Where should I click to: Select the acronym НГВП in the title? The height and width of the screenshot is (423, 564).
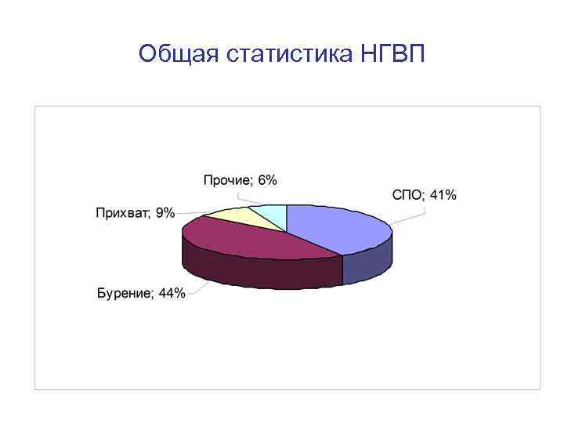[x=393, y=54]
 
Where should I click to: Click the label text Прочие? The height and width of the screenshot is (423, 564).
[x=228, y=180]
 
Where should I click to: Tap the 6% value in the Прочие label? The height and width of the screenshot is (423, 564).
[x=267, y=180]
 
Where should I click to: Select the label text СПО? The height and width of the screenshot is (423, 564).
[x=407, y=195]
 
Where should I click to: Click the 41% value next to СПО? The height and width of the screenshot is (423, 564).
[x=443, y=195]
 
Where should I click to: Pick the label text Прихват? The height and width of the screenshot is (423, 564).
[x=122, y=212]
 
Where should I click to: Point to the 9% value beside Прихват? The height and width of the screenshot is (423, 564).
[x=165, y=212]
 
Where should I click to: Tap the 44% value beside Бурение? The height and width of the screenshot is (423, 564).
[x=172, y=294]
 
